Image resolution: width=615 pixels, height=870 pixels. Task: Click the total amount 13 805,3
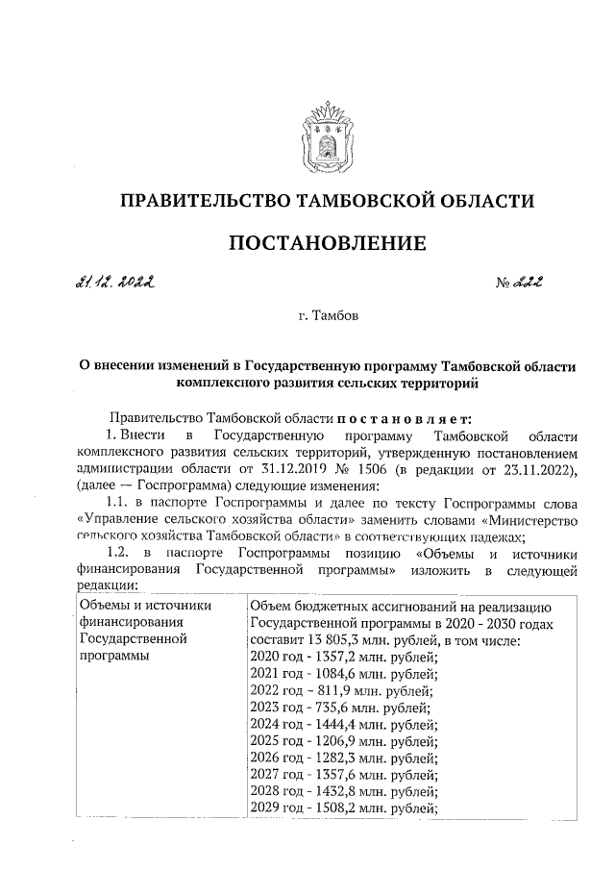(354, 640)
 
